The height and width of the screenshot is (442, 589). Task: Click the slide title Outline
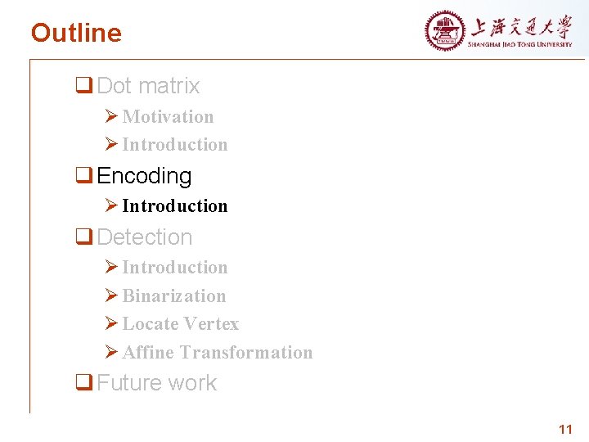pos(76,33)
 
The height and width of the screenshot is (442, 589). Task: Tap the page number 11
pos(564,430)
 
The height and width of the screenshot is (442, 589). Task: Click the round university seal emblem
pos(444,32)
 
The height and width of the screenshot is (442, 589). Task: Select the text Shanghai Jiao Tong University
pos(520,44)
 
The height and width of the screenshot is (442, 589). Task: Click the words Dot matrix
pos(148,86)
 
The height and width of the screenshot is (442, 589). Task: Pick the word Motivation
pos(168,117)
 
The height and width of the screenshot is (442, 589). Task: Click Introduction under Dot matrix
pos(174,145)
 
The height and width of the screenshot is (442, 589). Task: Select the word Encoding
pos(144,176)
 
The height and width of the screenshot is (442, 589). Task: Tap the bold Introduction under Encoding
pos(174,206)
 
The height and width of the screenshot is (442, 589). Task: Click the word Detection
pos(144,237)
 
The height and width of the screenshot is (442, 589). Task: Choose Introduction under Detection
pos(174,268)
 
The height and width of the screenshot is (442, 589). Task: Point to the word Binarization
pos(173,296)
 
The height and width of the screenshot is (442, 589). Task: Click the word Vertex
pos(210,324)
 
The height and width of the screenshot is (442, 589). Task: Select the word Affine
pos(148,353)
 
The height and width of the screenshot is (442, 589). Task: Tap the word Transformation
pos(245,353)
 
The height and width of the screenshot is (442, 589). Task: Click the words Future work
pos(156,383)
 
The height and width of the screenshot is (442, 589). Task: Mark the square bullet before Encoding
pos(83,176)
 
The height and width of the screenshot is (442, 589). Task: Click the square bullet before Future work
pos(83,383)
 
